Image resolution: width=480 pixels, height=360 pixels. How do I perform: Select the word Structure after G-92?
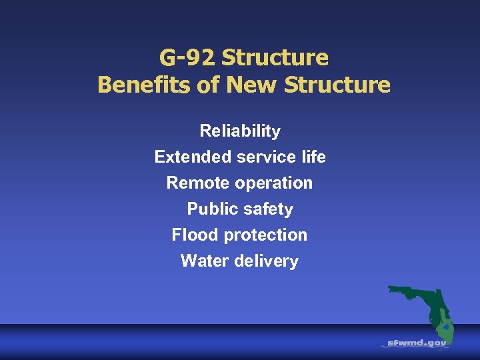tap(275, 58)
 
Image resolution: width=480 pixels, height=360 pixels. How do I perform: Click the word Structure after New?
tap(334, 85)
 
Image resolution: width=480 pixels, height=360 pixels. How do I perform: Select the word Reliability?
tap(240, 131)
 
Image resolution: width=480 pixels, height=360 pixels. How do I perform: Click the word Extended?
tap(193, 157)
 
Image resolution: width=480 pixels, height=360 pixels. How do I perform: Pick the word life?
tap(313, 157)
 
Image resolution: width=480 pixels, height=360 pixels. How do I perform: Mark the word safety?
tap(267, 209)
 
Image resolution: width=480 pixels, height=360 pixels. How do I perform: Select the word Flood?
tap(195, 235)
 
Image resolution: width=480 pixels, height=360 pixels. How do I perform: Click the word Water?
tap(205, 261)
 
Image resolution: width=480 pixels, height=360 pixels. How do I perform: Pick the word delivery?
tap(267, 261)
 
